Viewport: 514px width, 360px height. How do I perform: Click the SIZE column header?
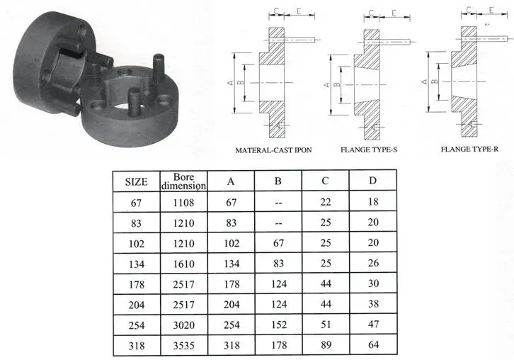coord(136,181)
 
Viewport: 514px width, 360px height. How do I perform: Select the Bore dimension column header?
coord(183,181)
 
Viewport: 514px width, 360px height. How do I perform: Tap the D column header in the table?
coord(372,181)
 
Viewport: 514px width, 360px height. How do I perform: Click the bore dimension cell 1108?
coord(183,203)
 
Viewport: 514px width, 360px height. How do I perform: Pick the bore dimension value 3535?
coord(183,347)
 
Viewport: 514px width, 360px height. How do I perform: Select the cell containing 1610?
coord(183,264)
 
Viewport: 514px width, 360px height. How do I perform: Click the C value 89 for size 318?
coord(325,347)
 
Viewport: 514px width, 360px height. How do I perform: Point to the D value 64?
coord(372,347)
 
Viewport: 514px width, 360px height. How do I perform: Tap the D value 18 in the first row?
coord(372,203)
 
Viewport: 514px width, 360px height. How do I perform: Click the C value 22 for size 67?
coord(325,203)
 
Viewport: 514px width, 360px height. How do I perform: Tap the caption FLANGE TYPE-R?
coord(469,150)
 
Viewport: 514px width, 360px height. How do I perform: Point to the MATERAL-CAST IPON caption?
coord(273,150)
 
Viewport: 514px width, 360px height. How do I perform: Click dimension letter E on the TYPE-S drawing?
coord(394,13)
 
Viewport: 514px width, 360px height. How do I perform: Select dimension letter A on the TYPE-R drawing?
coord(424,81)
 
